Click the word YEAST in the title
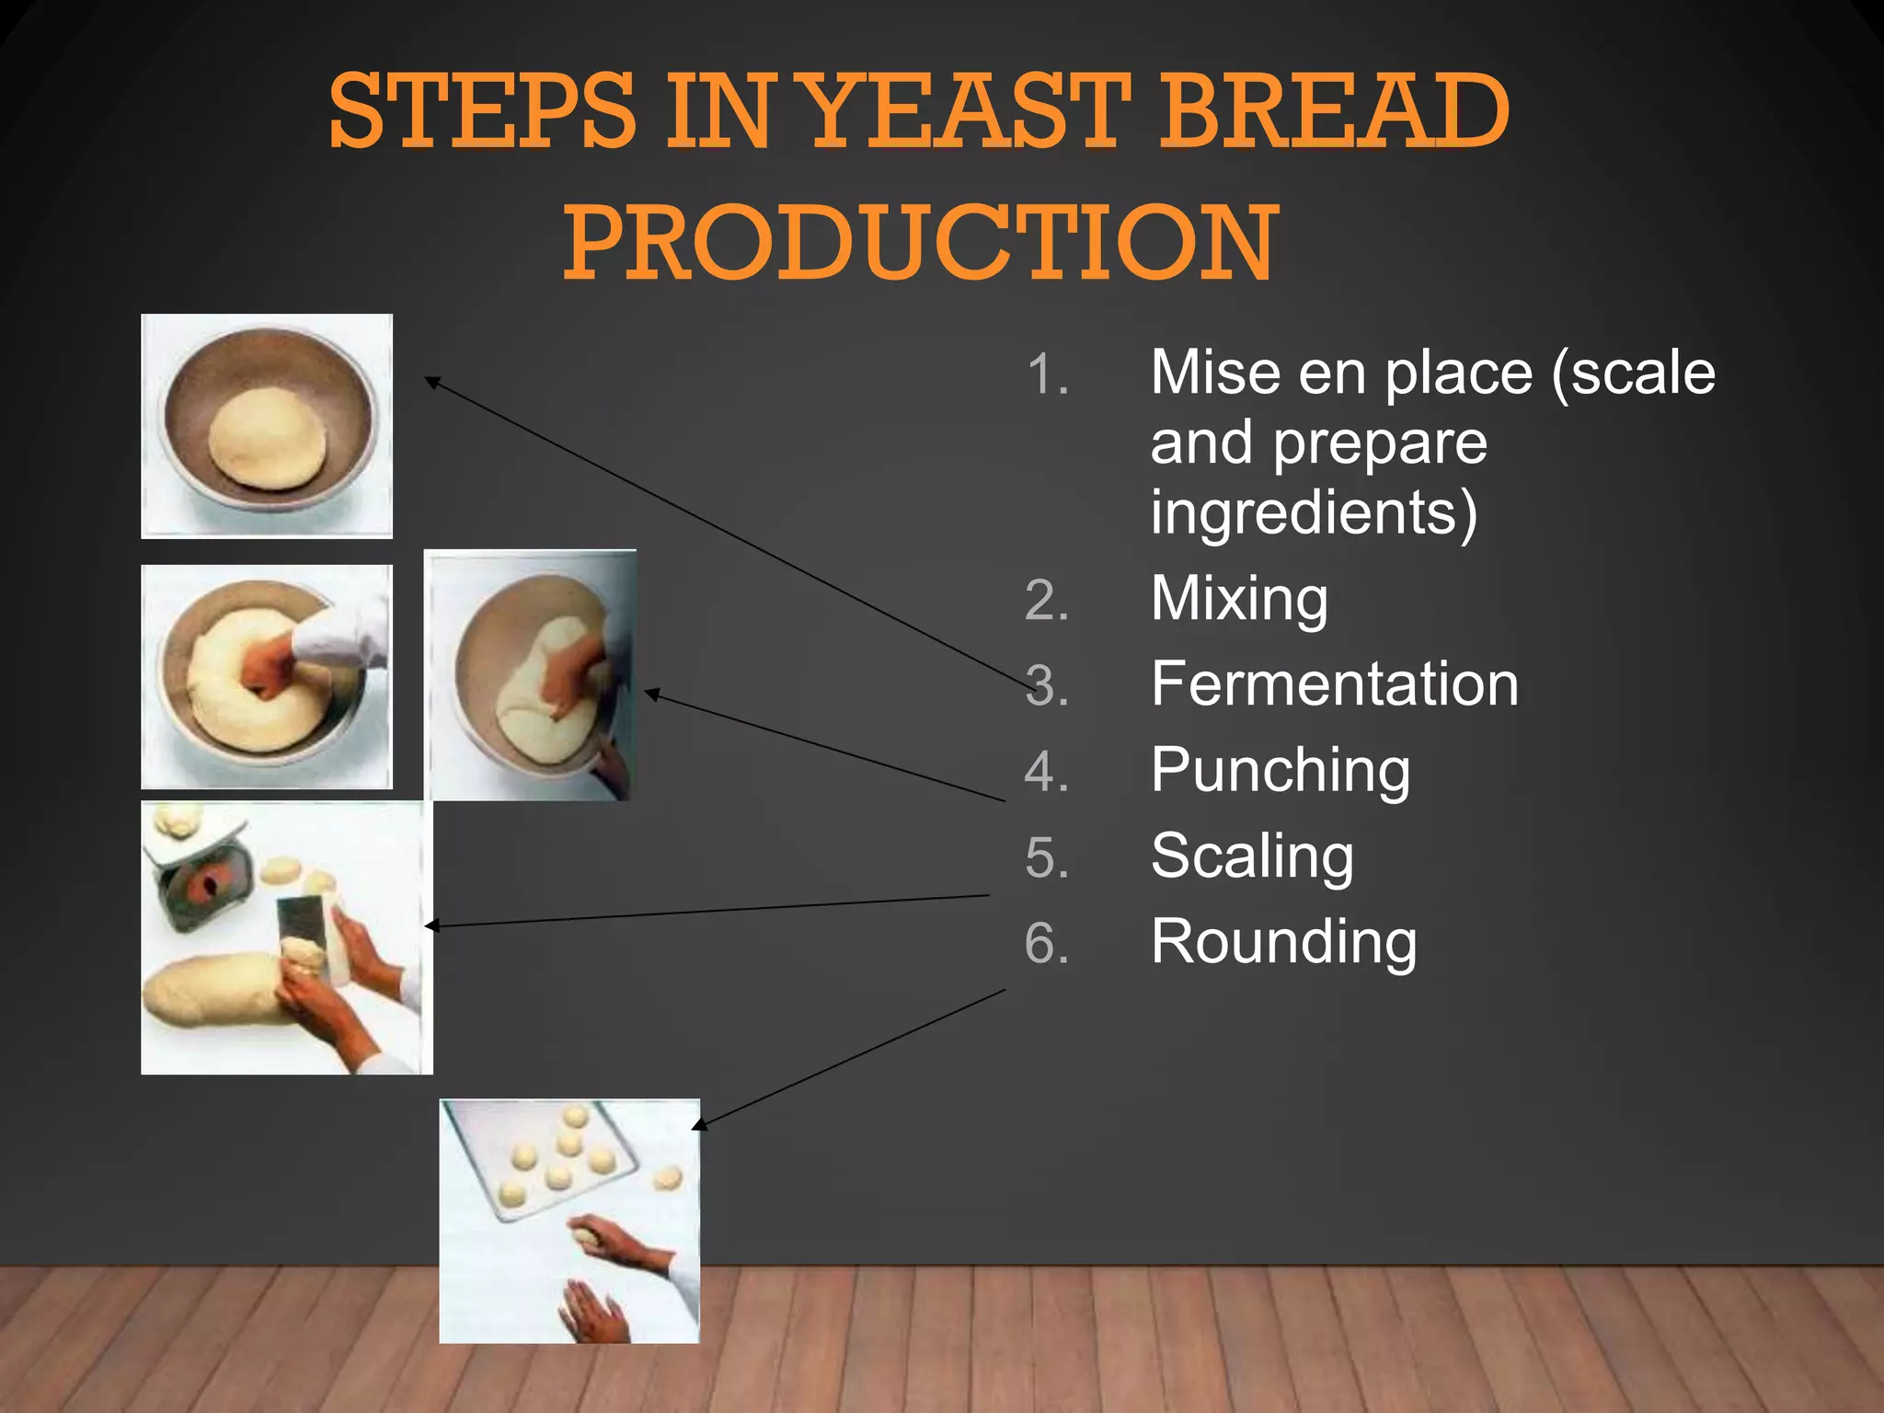tap(971, 112)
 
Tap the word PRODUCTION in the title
tap(921, 243)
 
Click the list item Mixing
tap(1239, 599)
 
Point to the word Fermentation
tap(1334, 684)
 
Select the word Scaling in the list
tap(1252, 856)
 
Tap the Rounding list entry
tap(1283, 942)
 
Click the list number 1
tap(1047, 375)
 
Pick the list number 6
tap(1047, 944)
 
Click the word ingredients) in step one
tap(1314, 512)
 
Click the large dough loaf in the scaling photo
tap(212, 989)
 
